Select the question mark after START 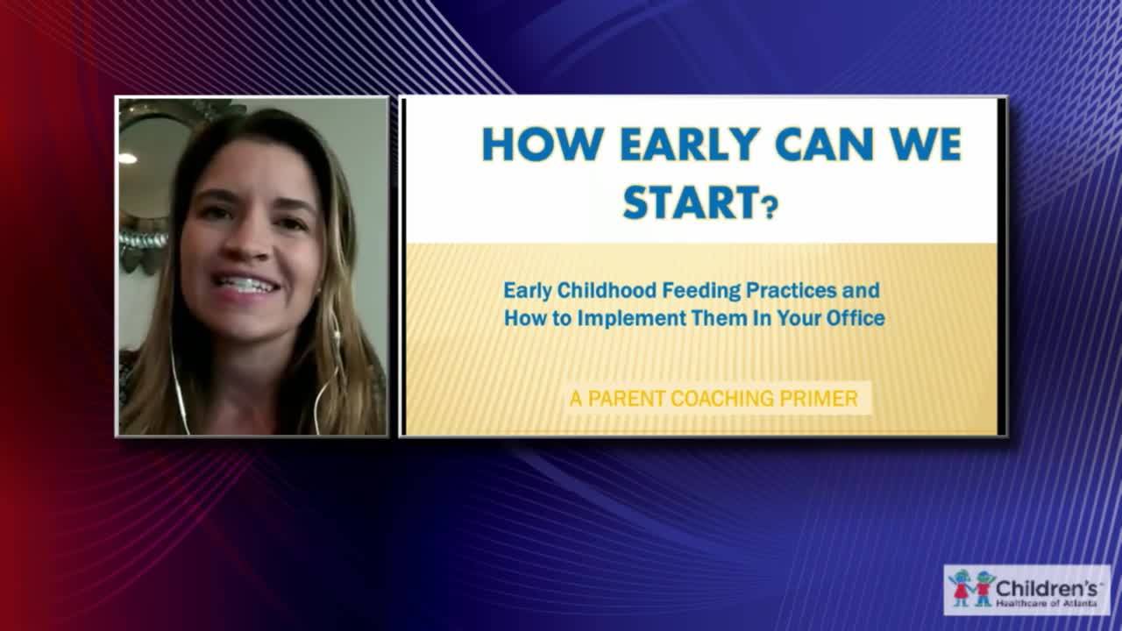(x=770, y=209)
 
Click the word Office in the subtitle (x=856, y=317)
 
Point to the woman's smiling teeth (x=247, y=285)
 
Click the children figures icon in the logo (x=971, y=588)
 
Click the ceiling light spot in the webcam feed (x=128, y=159)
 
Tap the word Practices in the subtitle (x=776, y=290)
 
